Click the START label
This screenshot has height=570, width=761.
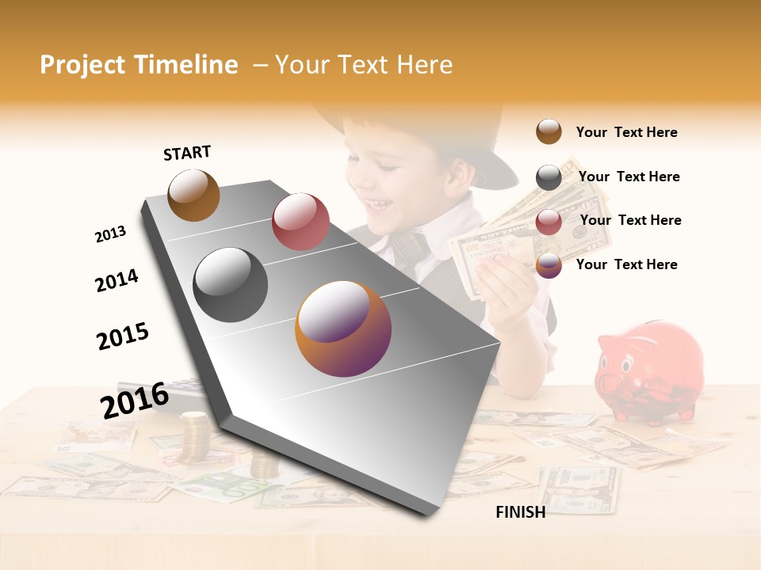187,153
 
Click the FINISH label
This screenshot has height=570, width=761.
520,512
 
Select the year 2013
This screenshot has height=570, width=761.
110,234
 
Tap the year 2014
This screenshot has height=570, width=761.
117,280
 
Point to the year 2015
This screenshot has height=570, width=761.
123,336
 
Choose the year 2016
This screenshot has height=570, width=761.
135,400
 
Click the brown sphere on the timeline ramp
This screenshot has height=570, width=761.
193,195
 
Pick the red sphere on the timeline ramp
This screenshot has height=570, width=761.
300,221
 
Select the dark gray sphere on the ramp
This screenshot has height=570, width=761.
231,285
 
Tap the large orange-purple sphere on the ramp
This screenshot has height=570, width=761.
343,329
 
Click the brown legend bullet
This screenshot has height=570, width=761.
549,132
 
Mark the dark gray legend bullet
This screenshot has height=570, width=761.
549,177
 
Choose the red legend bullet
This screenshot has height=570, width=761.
549,222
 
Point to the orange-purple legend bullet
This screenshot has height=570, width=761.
549,266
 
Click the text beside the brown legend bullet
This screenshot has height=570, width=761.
626,132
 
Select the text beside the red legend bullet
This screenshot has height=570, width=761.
630,220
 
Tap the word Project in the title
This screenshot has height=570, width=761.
82,65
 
